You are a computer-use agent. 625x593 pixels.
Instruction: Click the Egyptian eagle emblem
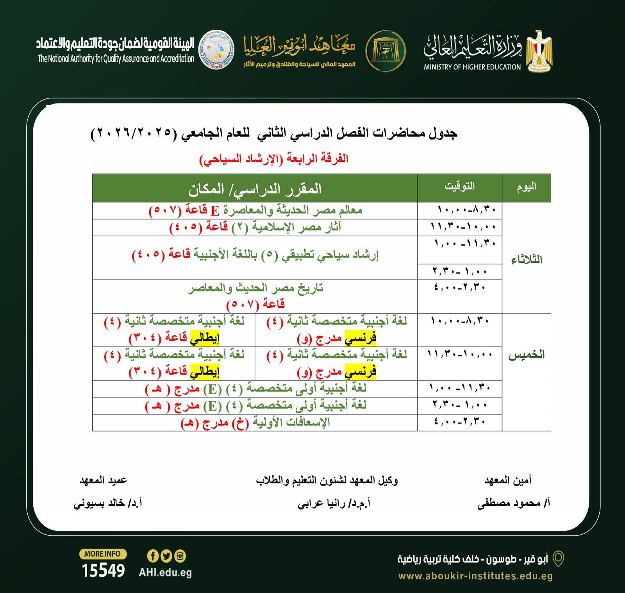tap(539, 50)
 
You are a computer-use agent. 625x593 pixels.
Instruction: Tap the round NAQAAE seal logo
tap(217, 50)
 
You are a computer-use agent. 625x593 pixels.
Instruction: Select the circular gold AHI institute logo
tap(386, 51)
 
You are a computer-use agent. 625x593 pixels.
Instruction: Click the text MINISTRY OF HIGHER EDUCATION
tap(472, 67)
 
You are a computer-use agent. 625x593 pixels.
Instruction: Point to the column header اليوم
tap(526, 187)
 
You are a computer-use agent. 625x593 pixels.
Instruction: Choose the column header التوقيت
tap(459, 186)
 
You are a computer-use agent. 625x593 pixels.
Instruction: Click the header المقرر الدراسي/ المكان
tap(255, 189)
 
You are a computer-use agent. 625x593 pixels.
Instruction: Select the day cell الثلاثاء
tap(527, 259)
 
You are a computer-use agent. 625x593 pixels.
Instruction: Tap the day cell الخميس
tap(526, 355)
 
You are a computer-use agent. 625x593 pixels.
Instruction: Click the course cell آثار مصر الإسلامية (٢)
tap(255, 227)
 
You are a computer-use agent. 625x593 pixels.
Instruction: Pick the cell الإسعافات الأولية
tap(255, 423)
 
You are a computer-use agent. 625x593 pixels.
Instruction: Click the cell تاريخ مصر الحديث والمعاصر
tap(255, 296)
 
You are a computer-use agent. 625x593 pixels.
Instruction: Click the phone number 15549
tap(103, 571)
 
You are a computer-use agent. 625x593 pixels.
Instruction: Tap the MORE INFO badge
tap(102, 554)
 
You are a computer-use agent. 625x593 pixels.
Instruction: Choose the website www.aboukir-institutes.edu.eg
tap(475, 576)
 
